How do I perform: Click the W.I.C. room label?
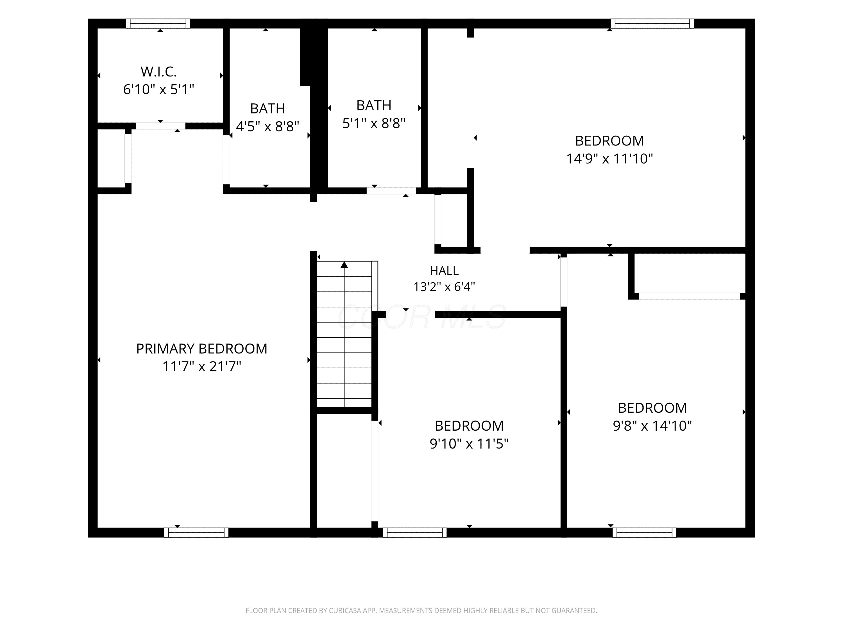(x=158, y=72)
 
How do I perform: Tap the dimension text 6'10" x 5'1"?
(x=158, y=90)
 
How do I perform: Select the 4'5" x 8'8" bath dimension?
(x=268, y=126)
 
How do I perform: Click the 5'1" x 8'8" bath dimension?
(x=374, y=123)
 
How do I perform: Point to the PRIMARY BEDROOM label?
(x=201, y=349)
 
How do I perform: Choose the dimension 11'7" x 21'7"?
(x=201, y=367)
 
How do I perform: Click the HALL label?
(x=444, y=271)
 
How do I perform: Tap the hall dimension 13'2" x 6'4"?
(x=444, y=287)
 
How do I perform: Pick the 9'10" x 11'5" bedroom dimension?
(x=469, y=444)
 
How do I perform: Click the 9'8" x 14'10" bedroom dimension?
(x=652, y=426)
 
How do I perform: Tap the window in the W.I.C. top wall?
(x=158, y=24)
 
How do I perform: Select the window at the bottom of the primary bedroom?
(x=196, y=533)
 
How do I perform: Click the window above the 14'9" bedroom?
(x=652, y=24)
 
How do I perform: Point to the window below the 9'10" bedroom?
(x=415, y=533)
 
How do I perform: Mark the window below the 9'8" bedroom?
(x=644, y=533)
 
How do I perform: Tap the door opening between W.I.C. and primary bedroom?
(x=161, y=126)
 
